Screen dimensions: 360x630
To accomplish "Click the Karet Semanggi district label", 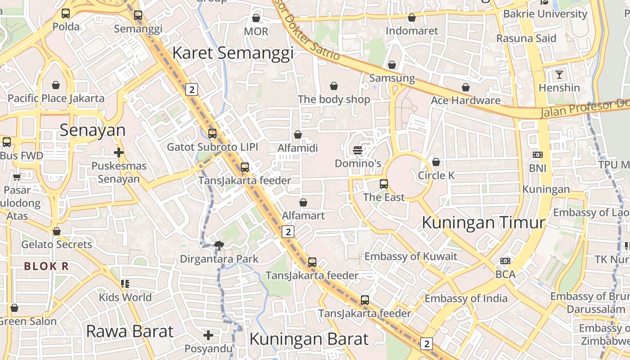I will pos(233,53).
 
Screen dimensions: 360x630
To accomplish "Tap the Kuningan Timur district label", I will pos(484,222).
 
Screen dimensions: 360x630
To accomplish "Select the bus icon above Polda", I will pos(66,13).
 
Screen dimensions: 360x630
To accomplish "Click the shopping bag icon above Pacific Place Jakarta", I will pos(56,85).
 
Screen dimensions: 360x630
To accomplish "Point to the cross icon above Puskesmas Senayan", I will pos(119,153).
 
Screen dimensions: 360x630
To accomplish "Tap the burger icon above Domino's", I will pos(358,150).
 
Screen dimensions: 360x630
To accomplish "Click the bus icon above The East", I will pos(384,184).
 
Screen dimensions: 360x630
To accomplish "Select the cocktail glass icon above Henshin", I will pos(559,74).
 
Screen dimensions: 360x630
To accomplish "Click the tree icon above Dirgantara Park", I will pos(219,245).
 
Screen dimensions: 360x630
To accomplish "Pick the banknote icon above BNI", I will pos(537,155).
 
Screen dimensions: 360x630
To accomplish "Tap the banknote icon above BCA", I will pos(505,261).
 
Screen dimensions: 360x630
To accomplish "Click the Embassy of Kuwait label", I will pos(410,256).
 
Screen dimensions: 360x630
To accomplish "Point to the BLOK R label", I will pos(46,266).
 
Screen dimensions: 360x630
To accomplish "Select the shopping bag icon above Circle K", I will pos(436,162).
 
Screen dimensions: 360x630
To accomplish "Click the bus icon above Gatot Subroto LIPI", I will pos(212,134).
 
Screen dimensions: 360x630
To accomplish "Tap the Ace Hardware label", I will pos(465,100).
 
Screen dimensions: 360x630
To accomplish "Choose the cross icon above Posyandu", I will pos(208,335).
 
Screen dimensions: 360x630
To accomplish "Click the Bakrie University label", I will pos(545,14).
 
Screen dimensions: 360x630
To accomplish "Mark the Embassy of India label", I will pos(466,298).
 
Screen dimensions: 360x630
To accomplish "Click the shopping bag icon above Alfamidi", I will pos(297,135).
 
